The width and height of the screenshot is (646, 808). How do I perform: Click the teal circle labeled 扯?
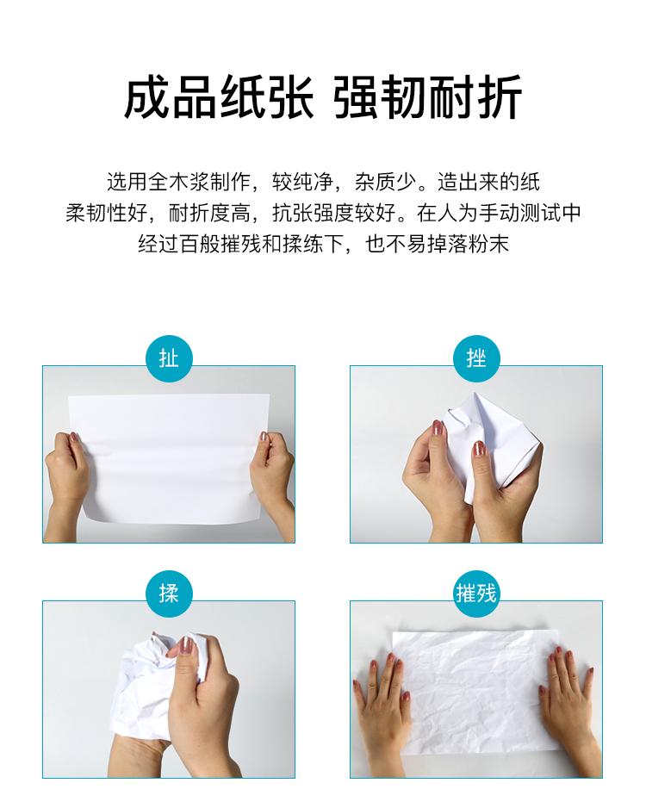click(x=169, y=358)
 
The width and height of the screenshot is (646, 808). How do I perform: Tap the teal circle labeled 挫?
click(x=476, y=358)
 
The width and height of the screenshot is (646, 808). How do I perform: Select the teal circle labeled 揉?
click(x=169, y=594)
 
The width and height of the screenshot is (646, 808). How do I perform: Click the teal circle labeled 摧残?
click(x=476, y=594)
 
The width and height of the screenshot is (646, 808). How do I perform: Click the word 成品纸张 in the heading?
click(x=219, y=97)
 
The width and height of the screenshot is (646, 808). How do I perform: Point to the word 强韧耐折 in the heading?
click(x=427, y=97)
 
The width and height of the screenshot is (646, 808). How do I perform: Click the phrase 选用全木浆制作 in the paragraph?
click(x=179, y=182)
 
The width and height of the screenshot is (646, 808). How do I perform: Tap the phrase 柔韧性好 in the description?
click(x=107, y=213)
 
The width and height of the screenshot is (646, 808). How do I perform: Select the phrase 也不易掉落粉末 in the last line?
click(x=437, y=244)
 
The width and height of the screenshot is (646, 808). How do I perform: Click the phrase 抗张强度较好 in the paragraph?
click(x=334, y=213)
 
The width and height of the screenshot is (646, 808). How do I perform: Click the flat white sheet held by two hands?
click(x=170, y=458)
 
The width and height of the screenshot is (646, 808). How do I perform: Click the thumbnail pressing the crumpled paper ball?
click(x=186, y=644)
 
